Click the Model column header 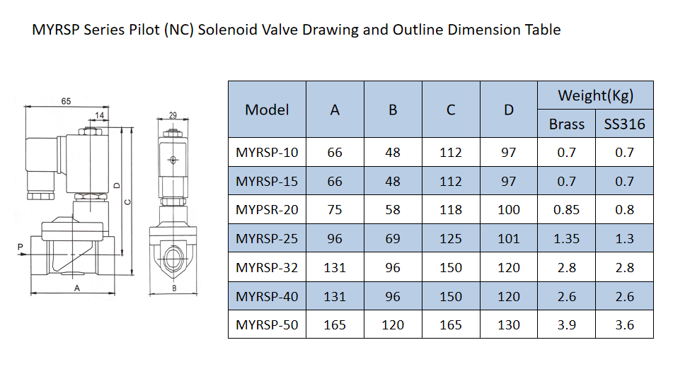(x=267, y=110)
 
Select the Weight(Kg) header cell (x=595, y=95)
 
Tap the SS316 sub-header (x=624, y=124)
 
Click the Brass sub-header (x=566, y=124)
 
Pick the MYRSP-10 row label (x=267, y=152)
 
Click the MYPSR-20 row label (x=267, y=210)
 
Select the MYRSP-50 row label (x=267, y=325)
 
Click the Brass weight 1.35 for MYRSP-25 (x=566, y=239)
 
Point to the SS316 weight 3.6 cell (x=624, y=325)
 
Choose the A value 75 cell (x=335, y=210)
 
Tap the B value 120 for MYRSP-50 (x=393, y=325)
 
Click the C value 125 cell (x=450, y=239)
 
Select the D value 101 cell (x=508, y=239)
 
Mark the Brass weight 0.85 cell (x=566, y=210)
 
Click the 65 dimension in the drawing (x=65, y=102)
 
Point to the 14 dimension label (x=99, y=115)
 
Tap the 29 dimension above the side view (x=173, y=115)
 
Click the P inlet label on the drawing (x=20, y=247)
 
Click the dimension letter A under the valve (x=76, y=288)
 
